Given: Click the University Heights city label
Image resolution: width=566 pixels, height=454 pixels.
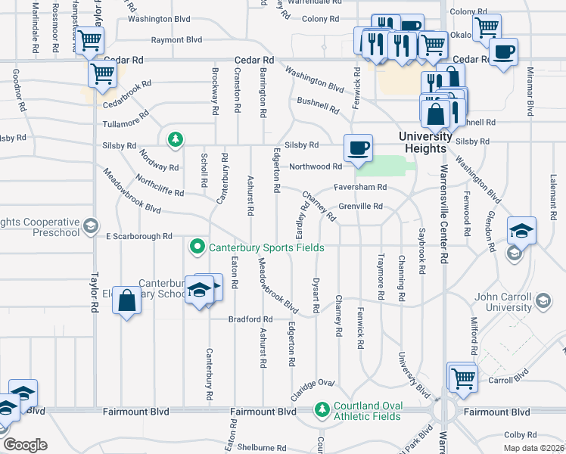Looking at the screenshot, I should click(x=426, y=142).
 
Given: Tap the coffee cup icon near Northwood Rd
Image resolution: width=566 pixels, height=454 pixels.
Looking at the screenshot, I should click(x=358, y=147).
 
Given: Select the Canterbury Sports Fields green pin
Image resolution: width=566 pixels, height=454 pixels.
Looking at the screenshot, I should click(x=197, y=247).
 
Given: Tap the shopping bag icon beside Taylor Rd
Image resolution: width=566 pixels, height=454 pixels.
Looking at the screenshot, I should click(x=126, y=300).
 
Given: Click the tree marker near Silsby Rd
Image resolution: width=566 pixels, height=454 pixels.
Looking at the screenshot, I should click(x=176, y=139).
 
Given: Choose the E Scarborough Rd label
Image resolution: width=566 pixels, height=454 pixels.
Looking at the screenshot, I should click(x=139, y=236).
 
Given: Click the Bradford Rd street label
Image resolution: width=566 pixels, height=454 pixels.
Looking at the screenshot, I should click(x=250, y=319).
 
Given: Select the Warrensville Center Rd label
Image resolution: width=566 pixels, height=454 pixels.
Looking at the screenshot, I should click(x=445, y=219).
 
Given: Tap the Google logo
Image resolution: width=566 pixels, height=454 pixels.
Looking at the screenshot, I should click(x=24, y=444).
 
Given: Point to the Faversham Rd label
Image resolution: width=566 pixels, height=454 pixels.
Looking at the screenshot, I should click(x=361, y=187).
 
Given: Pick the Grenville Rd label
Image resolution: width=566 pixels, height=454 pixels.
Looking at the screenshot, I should click(x=361, y=205).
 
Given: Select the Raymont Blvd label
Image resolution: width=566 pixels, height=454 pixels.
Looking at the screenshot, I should click(x=176, y=39).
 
